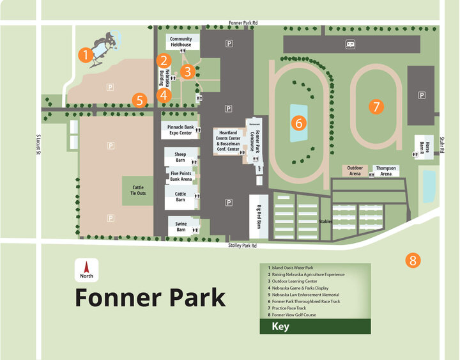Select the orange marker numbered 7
376,107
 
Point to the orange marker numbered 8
413,260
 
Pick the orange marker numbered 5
141,100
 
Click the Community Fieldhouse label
181,42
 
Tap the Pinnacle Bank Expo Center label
180,130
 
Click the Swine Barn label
181,226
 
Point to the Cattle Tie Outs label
138,190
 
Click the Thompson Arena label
385,170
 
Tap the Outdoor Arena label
355,170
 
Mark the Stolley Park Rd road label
242,246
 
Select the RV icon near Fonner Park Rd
351,44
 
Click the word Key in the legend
280,327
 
